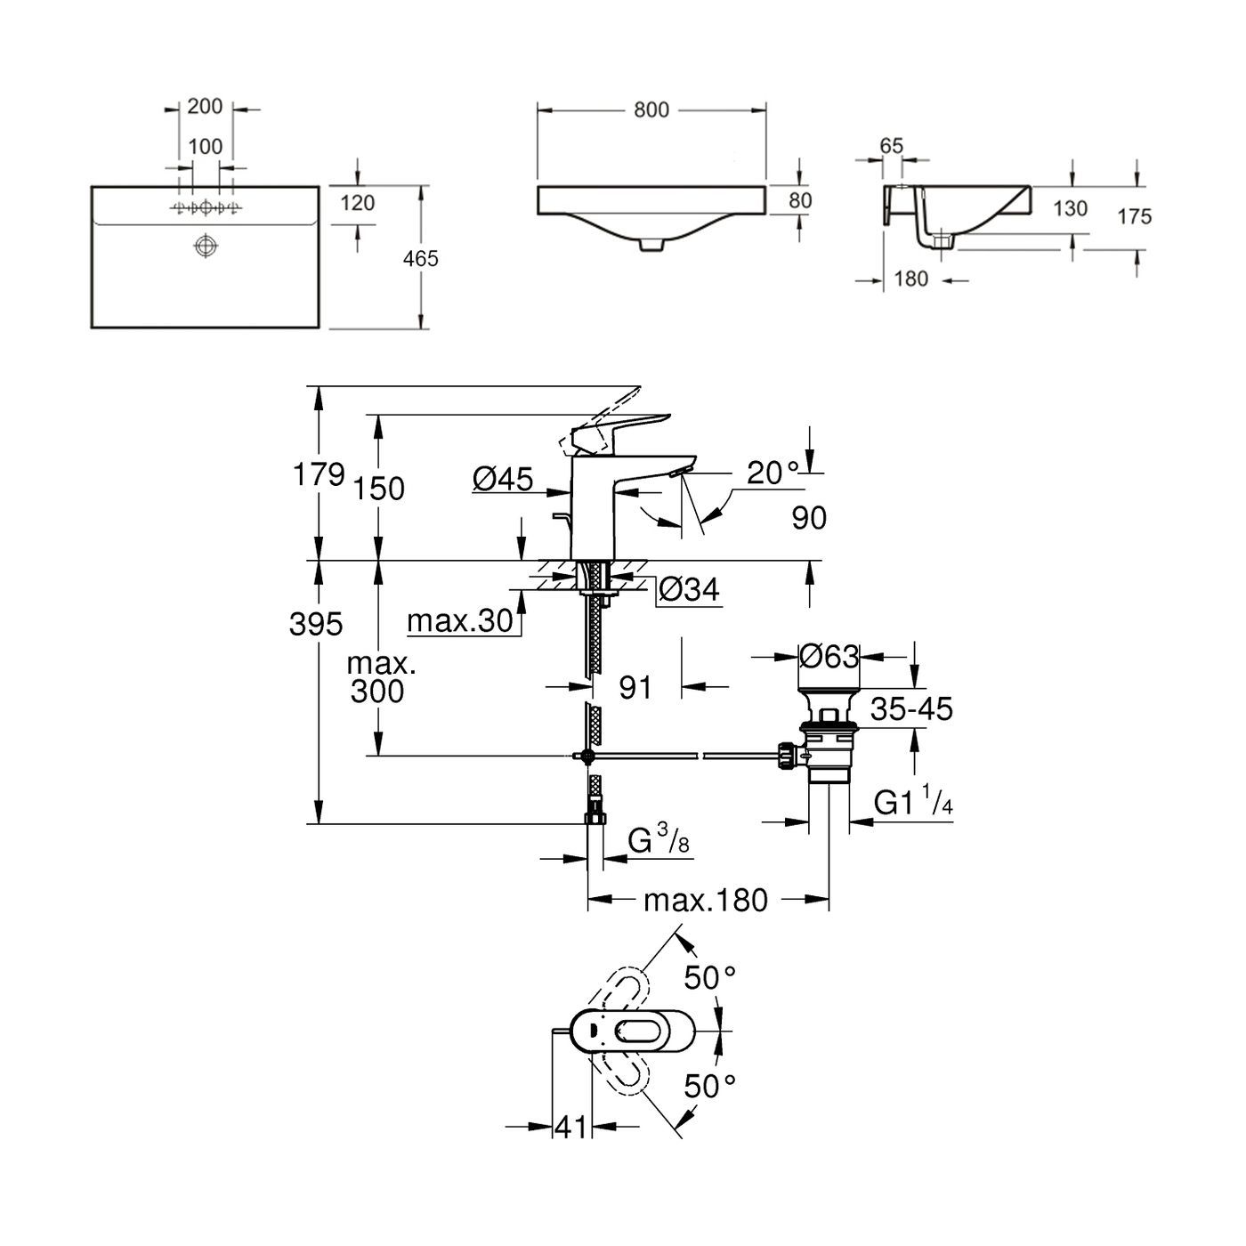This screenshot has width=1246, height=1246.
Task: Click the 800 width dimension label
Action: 651,110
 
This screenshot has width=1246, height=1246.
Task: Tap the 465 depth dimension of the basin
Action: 420,259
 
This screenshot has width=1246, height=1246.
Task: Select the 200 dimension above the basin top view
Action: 205,106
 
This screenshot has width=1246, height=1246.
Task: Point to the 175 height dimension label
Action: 1135,216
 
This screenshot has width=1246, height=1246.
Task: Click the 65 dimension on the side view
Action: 891,146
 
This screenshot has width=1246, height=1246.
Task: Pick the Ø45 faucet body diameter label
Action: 503,480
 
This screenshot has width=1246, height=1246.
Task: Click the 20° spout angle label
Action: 773,473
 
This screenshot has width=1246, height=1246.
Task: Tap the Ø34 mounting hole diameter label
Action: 689,588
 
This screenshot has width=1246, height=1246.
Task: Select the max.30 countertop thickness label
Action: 460,620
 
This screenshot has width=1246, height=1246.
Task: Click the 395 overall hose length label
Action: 316,625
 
